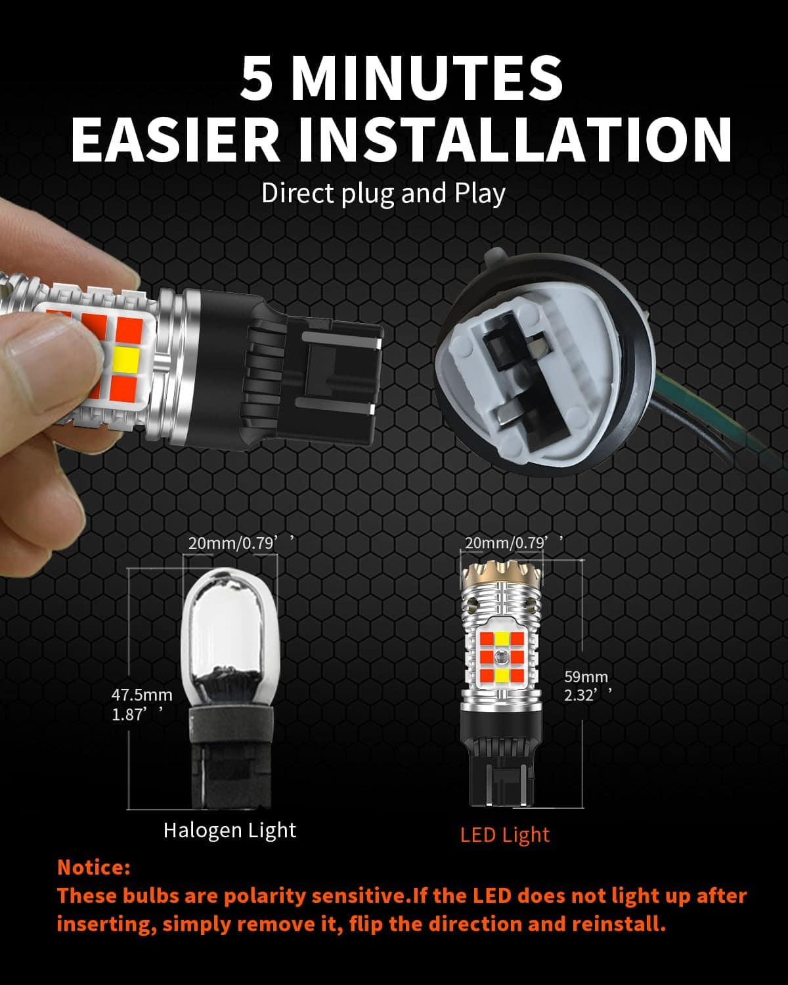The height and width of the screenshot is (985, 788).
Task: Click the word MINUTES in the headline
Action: tap(427, 79)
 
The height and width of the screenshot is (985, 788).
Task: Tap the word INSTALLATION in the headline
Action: tap(515, 139)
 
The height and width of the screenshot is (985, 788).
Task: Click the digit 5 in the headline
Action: tap(256, 79)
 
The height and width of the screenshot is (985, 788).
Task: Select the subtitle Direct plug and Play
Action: tap(383, 194)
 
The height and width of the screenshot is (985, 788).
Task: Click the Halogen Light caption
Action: tap(230, 830)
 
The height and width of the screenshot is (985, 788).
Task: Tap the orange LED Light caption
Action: tap(504, 835)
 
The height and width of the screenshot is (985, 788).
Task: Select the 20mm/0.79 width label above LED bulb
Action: tap(510, 542)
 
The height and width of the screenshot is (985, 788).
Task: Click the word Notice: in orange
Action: tap(94, 867)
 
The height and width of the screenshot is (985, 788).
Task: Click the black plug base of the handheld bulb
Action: tap(309, 374)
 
